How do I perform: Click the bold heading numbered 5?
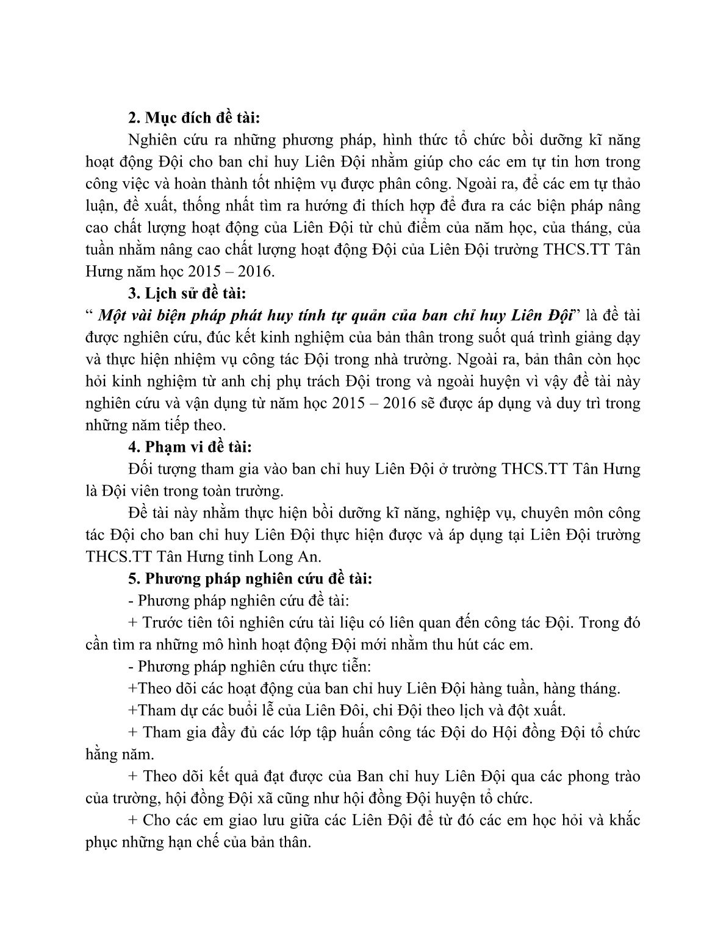[x=251, y=579]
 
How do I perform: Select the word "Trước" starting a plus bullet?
[x=167, y=623]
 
